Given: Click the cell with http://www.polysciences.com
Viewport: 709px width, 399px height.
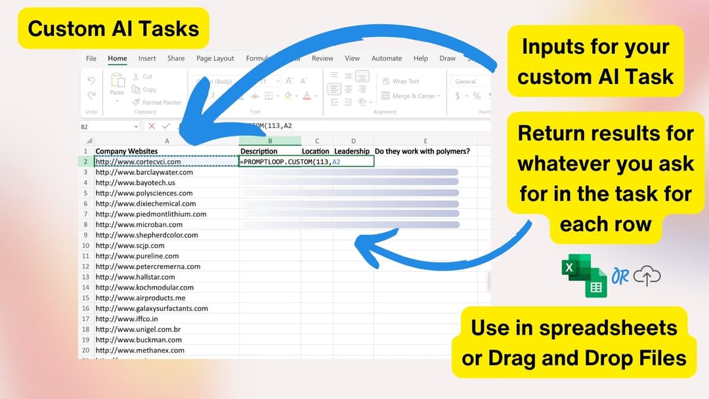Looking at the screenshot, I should (x=144, y=193).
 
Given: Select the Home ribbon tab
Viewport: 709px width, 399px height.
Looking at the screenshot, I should (x=118, y=58).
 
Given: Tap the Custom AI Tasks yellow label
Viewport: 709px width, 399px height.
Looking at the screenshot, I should (x=114, y=28).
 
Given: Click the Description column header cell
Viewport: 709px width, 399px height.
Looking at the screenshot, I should (x=259, y=151).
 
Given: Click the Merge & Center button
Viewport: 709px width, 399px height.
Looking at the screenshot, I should (x=414, y=96).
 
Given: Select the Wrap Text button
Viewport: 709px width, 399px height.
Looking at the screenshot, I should (x=405, y=81).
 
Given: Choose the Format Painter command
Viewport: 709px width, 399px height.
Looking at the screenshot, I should (x=158, y=102).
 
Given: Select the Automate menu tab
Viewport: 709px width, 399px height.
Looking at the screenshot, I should (x=387, y=58).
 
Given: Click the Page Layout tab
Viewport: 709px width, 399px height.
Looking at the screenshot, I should (x=215, y=58).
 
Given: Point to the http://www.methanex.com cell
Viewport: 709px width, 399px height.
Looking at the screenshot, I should (x=140, y=350).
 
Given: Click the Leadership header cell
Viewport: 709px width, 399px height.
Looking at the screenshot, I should (x=352, y=151).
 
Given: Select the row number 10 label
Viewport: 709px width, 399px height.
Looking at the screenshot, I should (x=85, y=245).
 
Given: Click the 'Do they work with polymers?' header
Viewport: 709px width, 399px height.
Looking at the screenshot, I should (x=422, y=151).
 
